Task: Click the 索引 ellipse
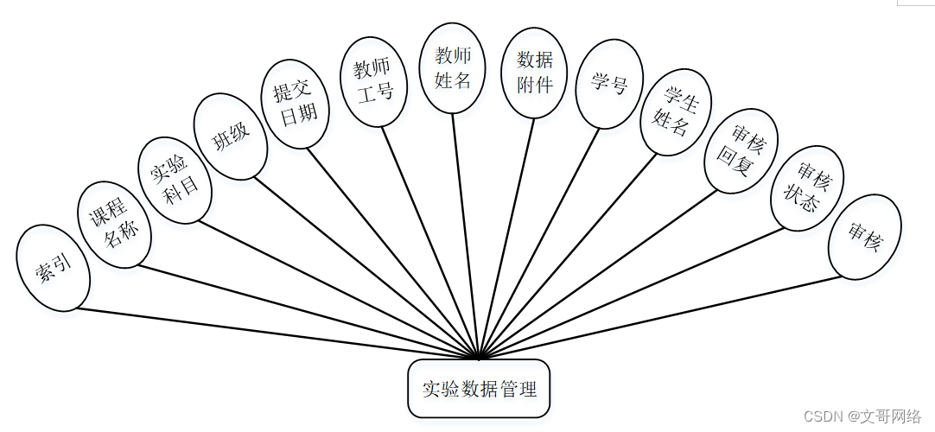[54, 268]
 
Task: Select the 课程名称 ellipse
[114, 224]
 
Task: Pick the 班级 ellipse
[230, 137]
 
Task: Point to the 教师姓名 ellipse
[453, 68]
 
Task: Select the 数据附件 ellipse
[534, 72]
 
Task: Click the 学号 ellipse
[609, 84]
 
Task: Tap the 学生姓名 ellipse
[676, 111]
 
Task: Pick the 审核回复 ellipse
[741, 150]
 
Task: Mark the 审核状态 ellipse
[806, 188]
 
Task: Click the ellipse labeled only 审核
[864, 236]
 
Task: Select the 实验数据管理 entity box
[478, 389]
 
